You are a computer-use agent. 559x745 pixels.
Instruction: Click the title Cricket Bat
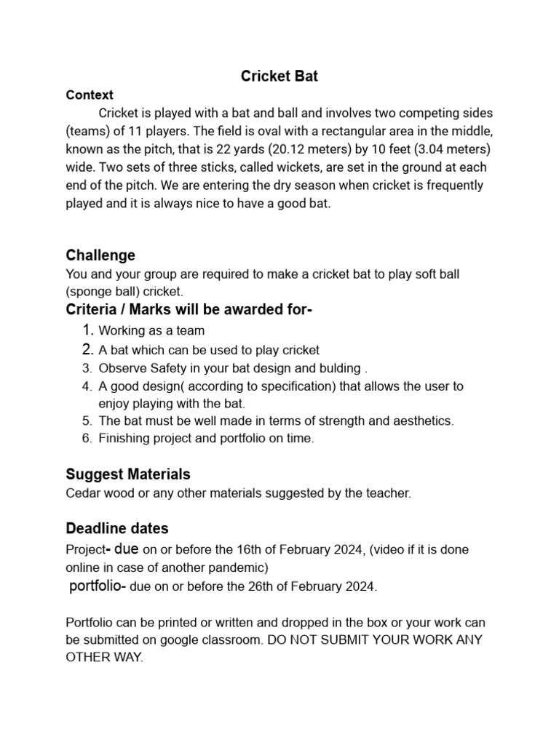[279, 76]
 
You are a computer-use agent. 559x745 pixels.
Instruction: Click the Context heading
[90, 95]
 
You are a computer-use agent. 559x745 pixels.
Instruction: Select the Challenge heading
[100, 255]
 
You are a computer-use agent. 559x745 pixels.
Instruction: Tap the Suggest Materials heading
[128, 474]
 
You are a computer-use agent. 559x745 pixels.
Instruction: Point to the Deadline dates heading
[117, 528]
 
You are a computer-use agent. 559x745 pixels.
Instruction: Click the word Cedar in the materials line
[82, 493]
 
